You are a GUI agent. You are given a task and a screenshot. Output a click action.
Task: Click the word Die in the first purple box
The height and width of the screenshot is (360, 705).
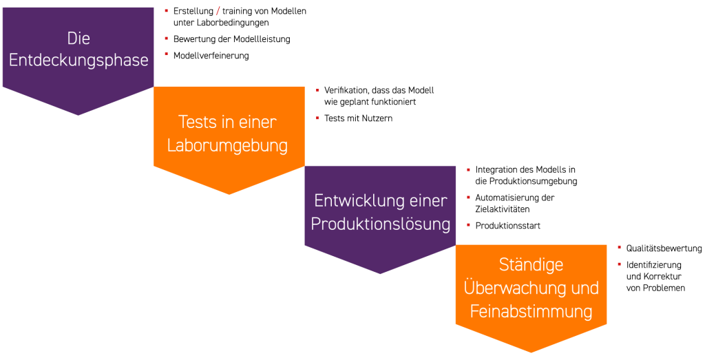(x=78, y=39)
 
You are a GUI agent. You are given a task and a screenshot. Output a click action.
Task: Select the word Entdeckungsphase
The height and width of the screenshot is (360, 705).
(x=78, y=61)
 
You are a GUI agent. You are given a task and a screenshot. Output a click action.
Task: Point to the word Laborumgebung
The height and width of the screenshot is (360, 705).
(x=227, y=146)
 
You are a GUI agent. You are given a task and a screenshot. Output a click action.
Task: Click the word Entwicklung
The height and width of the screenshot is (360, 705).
(x=357, y=201)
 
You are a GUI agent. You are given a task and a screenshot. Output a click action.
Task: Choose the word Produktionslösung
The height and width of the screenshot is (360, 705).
(x=381, y=224)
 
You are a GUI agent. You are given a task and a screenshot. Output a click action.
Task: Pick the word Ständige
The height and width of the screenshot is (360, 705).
(x=531, y=264)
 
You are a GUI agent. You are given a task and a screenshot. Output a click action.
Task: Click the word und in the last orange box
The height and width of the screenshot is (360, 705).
(x=584, y=288)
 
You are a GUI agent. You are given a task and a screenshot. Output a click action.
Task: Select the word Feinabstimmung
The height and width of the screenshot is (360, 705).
(x=531, y=311)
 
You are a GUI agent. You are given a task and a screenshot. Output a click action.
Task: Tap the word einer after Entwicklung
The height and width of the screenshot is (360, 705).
(x=427, y=201)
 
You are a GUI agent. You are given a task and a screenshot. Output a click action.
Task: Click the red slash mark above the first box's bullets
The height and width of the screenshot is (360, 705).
(x=218, y=10)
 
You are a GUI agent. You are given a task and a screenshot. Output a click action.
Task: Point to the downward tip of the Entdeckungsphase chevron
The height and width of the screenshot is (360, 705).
(x=78, y=114)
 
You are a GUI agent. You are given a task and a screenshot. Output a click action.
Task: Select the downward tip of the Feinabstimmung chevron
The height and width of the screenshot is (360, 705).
(x=531, y=351)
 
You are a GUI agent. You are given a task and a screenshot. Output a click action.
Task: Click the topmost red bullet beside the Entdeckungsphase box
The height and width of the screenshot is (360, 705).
(x=167, y=11)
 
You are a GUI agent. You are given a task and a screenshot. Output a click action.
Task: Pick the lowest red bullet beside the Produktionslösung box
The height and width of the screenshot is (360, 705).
(x=468, y=225)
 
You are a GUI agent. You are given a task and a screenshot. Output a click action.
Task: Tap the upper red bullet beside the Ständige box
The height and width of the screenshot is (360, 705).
(x=620, y=246)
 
